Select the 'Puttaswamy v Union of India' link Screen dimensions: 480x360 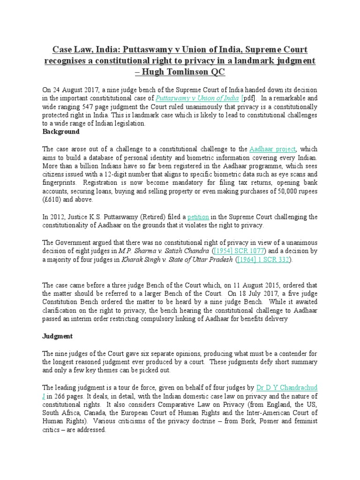coord(197,98)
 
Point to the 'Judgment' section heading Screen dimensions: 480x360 coord(58,337)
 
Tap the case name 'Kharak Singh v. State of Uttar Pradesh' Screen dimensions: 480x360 coord(177,259)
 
